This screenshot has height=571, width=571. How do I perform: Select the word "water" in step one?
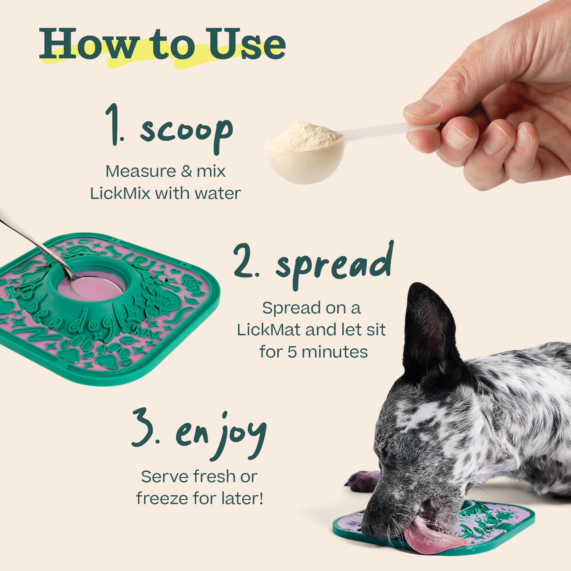pos(220,194)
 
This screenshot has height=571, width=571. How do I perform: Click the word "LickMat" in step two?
pos(268,330)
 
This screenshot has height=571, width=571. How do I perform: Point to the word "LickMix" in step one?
pos(120,194)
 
